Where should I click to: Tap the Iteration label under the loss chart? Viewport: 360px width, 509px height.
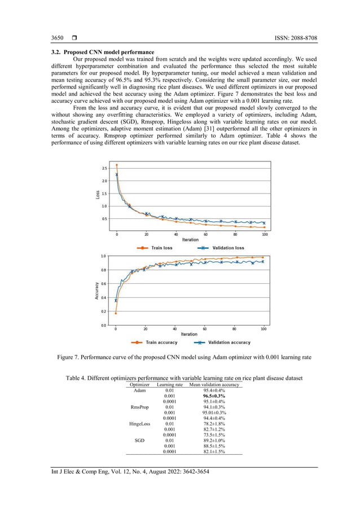click(x=190, y=239)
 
